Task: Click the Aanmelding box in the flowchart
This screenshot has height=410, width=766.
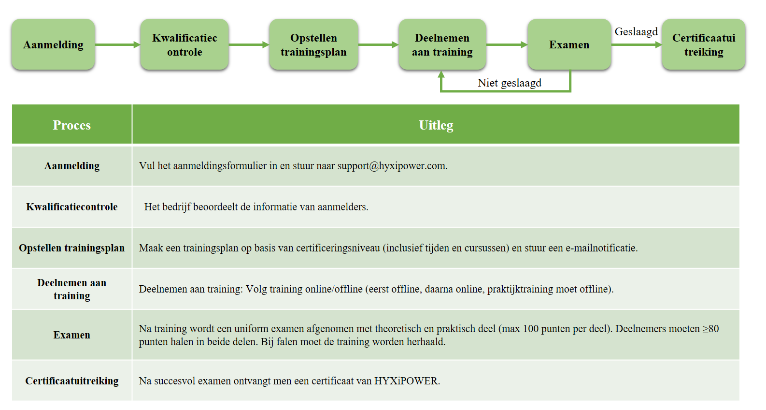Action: [x=53, y=44]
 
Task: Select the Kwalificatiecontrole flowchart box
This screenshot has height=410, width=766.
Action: [x=184, y=44]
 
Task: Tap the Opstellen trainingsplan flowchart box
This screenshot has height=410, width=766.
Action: [x=313, y=44]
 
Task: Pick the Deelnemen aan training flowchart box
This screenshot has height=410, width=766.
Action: [x=442, y=44]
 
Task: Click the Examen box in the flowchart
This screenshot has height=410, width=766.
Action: [x=569, y=44]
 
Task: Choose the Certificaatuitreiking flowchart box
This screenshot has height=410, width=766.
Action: [x=704, y=44]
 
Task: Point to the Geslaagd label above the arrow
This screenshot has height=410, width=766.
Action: [x=636, y=32]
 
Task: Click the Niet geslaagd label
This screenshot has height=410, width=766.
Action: [x=510, y=83]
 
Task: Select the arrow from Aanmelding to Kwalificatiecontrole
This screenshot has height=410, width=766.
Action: [x=118, y=44]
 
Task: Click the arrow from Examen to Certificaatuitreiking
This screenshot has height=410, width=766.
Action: [x=637, y=44]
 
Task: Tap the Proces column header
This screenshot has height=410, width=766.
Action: [x=72, y=125]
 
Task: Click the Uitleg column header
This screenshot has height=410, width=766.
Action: [x=436, y=125]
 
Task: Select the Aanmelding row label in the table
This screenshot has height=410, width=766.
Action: [x=72, y=166]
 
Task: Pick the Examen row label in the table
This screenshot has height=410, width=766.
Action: [x=72, y=335]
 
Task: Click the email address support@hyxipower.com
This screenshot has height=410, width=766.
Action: [x=392, y=166]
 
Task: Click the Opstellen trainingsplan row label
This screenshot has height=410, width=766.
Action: [x=72, y=248]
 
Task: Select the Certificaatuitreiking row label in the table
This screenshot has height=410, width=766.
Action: [x=72, y=381]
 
